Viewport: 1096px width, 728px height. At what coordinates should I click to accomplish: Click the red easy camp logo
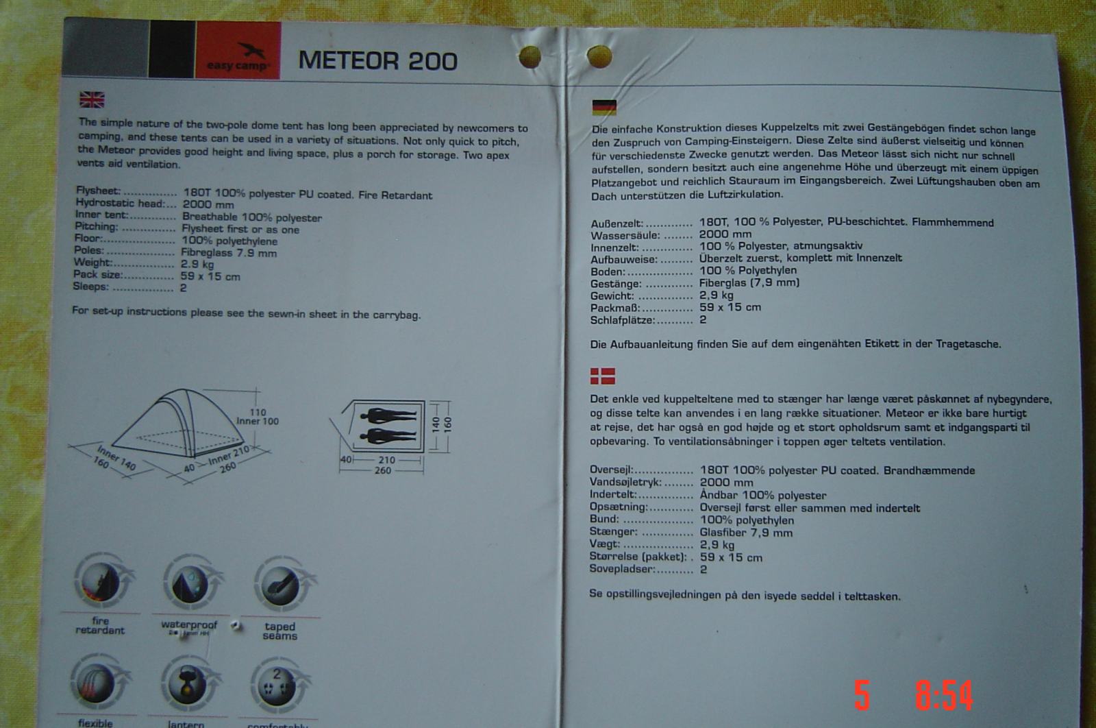(238, 51)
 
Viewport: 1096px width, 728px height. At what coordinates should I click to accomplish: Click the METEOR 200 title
(377, 61)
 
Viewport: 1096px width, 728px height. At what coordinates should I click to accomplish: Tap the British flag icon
(92, 100)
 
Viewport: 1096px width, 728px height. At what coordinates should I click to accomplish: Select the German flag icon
(603, 108)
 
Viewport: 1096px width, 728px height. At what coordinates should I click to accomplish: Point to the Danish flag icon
(603, 376)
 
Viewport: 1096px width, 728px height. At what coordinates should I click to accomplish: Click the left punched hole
(530, 58)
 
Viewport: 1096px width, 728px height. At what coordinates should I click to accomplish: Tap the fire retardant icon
(100, 584)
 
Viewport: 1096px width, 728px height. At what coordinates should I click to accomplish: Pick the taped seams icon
(279, 587)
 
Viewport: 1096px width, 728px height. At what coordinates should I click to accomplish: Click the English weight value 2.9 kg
(197, 264)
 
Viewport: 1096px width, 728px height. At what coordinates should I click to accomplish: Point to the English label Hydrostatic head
(121, 203)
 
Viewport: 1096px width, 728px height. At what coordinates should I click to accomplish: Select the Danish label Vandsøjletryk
(625, 483)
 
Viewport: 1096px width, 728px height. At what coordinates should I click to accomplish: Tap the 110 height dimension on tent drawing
(258, 413)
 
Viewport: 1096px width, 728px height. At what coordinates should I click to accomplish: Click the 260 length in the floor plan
(383, 470)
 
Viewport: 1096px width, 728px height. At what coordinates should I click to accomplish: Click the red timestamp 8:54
(944, 695)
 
